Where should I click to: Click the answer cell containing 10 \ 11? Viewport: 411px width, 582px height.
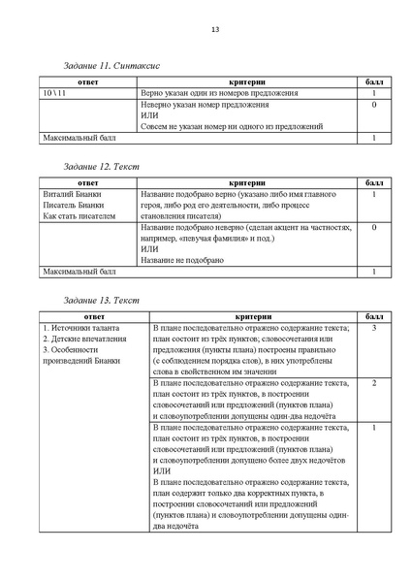tap(56, 92)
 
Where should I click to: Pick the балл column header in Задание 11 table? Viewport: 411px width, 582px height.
tap(374, 81)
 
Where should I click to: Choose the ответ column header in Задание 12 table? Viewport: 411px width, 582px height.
tap(87, 182)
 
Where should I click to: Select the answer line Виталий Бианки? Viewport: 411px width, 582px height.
tap(73, 194)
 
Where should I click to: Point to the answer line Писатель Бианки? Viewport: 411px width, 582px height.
tap(76, 206)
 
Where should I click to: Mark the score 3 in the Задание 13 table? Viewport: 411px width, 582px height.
tap(374, 329)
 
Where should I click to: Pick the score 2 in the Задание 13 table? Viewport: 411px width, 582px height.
tap(374, 383)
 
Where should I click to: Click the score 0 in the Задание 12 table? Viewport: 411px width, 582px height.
tap(374, 227)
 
